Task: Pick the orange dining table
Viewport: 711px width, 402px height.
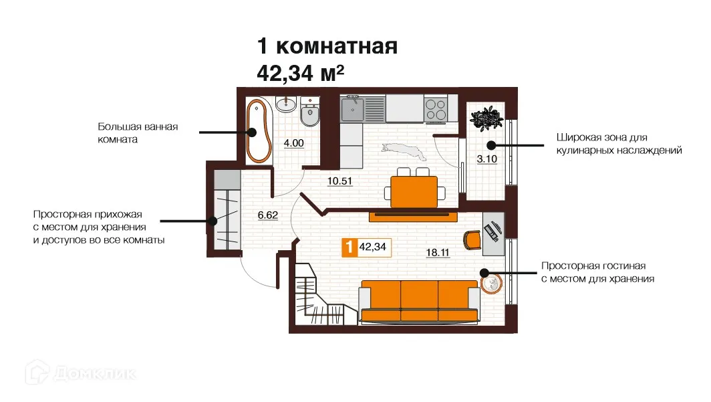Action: pos(414,191)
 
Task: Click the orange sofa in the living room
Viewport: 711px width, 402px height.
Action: pos(419,300)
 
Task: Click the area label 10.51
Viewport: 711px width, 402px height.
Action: pos(339,181)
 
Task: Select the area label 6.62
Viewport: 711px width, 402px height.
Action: pos(267,215)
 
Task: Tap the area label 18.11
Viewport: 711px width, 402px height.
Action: pos(438,252)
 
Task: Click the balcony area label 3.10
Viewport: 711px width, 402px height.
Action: pos(486,159)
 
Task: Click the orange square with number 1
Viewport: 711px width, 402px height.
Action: pos(349,247)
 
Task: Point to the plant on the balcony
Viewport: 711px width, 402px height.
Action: pos(486,118)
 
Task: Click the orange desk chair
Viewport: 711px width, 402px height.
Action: pos(472,238)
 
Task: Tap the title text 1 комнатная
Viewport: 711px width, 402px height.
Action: pos(327,47)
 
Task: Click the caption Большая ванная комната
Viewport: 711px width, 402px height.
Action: pos(138,133)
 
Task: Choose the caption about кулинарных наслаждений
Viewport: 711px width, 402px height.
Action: pos(618,144)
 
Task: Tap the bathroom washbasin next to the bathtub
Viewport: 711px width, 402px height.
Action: pos(286,103)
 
